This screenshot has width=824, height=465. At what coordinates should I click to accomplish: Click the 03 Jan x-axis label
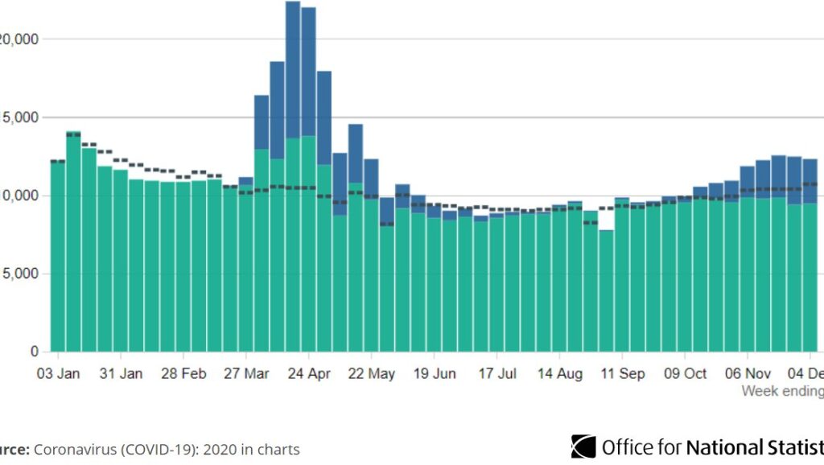(59, 374)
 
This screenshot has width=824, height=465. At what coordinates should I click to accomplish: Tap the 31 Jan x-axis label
(122, 374)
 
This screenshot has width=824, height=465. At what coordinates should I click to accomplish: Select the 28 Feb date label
(183, 374)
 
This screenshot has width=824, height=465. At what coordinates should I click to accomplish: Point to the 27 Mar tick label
(247, 374)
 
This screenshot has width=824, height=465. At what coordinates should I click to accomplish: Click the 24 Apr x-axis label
(309, 374)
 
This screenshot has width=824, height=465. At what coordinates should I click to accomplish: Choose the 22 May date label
(373, 374)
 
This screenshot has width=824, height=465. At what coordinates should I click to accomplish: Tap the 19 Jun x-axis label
(435, 374)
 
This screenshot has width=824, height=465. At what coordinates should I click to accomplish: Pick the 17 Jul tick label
(497, 374)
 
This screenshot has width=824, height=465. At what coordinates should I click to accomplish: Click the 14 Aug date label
(560, 374)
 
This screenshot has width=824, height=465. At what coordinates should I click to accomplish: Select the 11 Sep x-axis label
(623, 374)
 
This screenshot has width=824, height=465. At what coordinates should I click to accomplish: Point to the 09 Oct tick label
(685, 374)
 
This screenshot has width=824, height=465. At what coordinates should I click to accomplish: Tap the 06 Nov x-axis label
(748, 374)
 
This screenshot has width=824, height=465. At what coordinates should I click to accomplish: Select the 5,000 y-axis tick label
(18, 274)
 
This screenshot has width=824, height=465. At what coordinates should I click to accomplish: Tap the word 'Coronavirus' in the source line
(73, 450)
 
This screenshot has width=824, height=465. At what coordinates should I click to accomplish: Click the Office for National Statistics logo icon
(583, 446)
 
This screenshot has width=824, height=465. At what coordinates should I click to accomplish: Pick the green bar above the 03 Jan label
(58, 257)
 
